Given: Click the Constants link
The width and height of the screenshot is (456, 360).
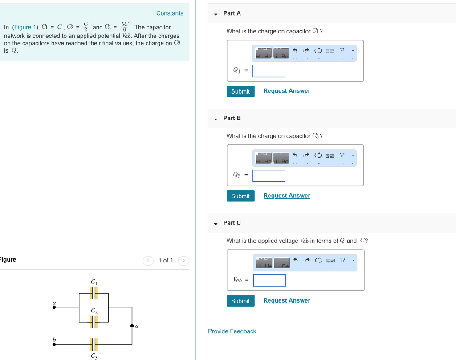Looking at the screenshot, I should [x=170, y=13].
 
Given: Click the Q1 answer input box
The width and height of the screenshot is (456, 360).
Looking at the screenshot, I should [x=269, y=71].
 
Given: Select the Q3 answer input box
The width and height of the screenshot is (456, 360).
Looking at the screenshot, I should [x=269, y=176].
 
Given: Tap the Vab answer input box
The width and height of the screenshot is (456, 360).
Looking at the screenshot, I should [x=269, y=281].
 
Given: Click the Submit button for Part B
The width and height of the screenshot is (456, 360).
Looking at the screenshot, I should [x=240, y=196].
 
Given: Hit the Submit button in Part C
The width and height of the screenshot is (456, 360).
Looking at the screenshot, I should [x=240, y=301].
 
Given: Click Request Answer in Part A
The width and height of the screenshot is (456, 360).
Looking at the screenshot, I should [x=287, y=91].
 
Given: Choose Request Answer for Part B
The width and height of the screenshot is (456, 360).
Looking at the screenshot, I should [x=287, y=196].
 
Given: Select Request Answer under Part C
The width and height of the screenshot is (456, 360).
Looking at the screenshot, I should [x=287, y=300].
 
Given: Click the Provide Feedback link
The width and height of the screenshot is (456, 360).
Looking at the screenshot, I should [x=232, y=331].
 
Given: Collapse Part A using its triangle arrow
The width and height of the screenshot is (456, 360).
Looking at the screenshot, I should [x=216, y=14].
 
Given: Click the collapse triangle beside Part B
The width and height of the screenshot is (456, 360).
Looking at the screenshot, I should [x=216, y=119].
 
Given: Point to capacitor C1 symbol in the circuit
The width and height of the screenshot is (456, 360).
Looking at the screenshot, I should [x=94, y=293].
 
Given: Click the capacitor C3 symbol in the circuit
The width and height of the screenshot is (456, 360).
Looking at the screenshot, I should [x=94, y=344].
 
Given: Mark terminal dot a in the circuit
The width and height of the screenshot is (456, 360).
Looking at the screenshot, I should [x=54, y=307].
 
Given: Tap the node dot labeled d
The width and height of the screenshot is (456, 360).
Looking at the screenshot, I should [x=132, y=326].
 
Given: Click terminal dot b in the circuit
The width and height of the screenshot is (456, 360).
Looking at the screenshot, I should [x=54, y=344].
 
